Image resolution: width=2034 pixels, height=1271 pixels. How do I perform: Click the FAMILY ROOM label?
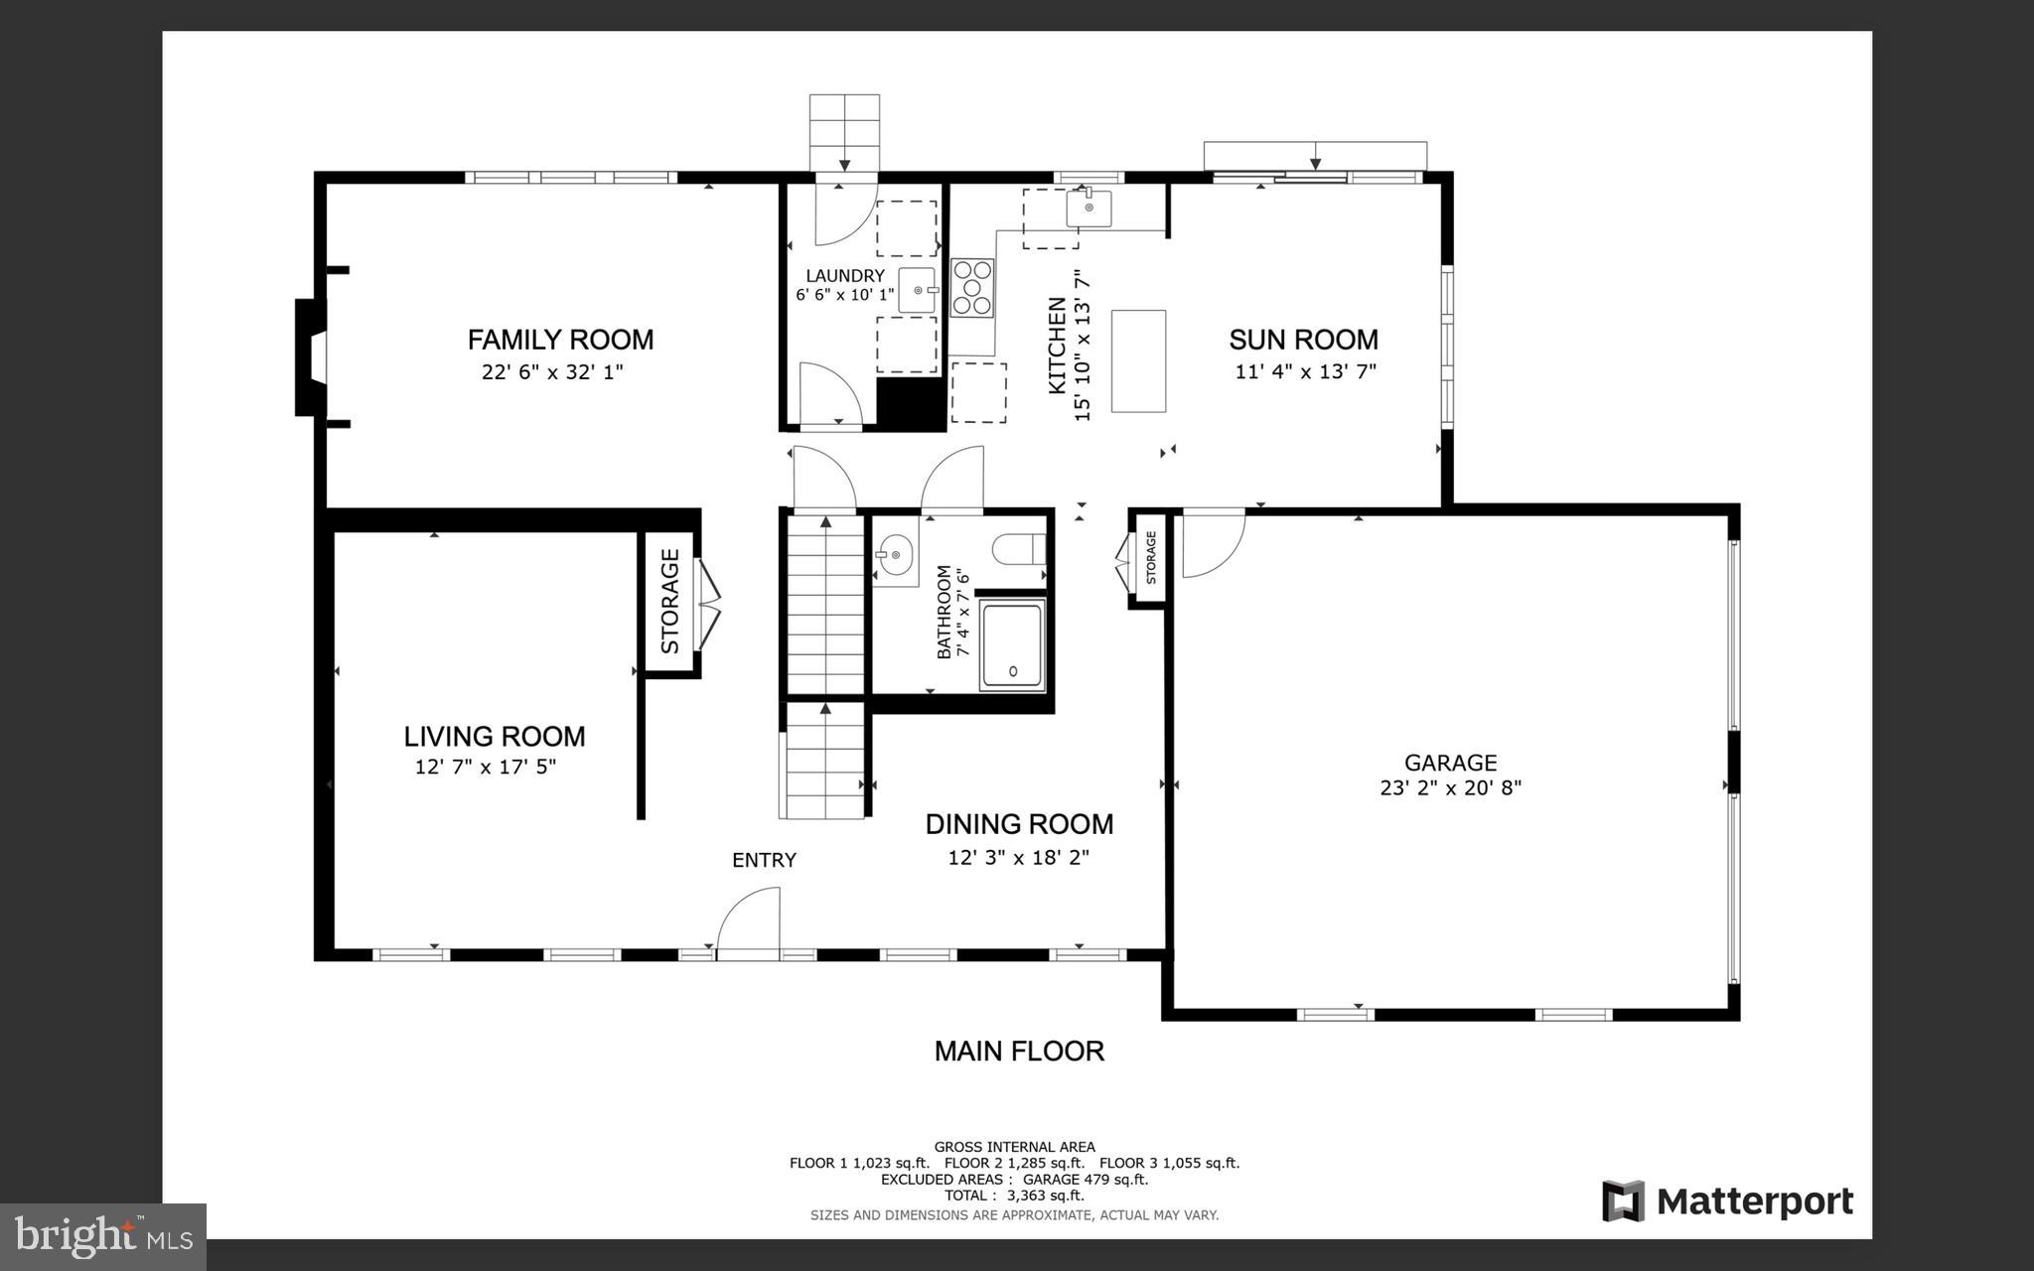[560, 340]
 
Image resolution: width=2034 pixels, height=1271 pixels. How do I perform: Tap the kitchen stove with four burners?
[972, 287]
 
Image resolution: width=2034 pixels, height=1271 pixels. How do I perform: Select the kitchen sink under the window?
[1089, 209]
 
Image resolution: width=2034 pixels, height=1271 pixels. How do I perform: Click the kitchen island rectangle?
[1138, 360]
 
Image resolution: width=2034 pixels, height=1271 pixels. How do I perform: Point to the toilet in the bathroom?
[1019, 549]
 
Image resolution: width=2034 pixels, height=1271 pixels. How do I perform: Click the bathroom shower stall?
[1012, 645]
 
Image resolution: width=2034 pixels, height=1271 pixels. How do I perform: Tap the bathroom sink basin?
[896, 556]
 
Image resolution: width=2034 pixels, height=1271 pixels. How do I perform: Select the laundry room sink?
[917, 290]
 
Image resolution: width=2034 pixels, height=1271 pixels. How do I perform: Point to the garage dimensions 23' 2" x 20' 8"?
[1450, 788]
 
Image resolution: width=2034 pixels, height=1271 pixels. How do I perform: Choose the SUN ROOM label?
[1303, 340]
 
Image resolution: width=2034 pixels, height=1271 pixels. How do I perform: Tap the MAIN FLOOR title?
[1019, 1052]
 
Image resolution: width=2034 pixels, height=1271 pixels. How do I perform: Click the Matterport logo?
[1727, 1201]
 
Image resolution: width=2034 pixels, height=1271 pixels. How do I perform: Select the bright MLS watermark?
[103, 1236]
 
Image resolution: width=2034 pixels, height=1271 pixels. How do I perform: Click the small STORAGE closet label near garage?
[1151, 558]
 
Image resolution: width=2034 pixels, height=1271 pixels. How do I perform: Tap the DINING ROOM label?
[1019, 824]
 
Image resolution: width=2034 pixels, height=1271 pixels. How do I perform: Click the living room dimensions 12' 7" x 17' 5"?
[486, 767]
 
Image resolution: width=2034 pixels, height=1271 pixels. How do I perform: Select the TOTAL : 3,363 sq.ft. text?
[1014, 1196]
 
